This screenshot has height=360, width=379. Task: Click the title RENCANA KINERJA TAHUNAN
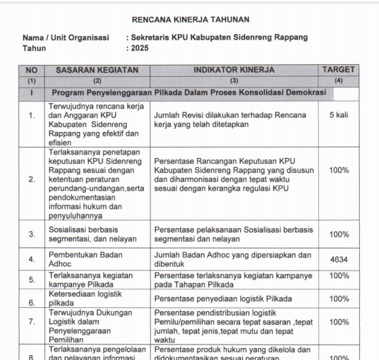(190, 20)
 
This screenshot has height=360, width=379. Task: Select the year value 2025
(140, 48)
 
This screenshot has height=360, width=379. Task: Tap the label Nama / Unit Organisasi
(66, 37)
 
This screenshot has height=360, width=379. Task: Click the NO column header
(31, 70)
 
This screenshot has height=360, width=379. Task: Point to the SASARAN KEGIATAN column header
(97, 70)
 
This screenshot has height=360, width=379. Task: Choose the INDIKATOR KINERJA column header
(234, 70)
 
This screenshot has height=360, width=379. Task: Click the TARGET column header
(339, 70)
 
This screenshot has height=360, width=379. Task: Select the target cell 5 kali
(339, 115)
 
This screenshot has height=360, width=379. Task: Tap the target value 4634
(339, 260)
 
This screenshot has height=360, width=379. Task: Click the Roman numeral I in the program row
(31, 93)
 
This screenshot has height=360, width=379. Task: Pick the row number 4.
(31, 260)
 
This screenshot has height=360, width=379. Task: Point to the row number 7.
(31, 322)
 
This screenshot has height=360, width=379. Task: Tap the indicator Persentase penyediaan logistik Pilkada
(223, 299)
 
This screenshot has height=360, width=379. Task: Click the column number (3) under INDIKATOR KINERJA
(234, 80)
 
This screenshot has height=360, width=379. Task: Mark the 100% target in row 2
(339, 170)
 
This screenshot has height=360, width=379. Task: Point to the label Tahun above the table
(34, 48)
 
